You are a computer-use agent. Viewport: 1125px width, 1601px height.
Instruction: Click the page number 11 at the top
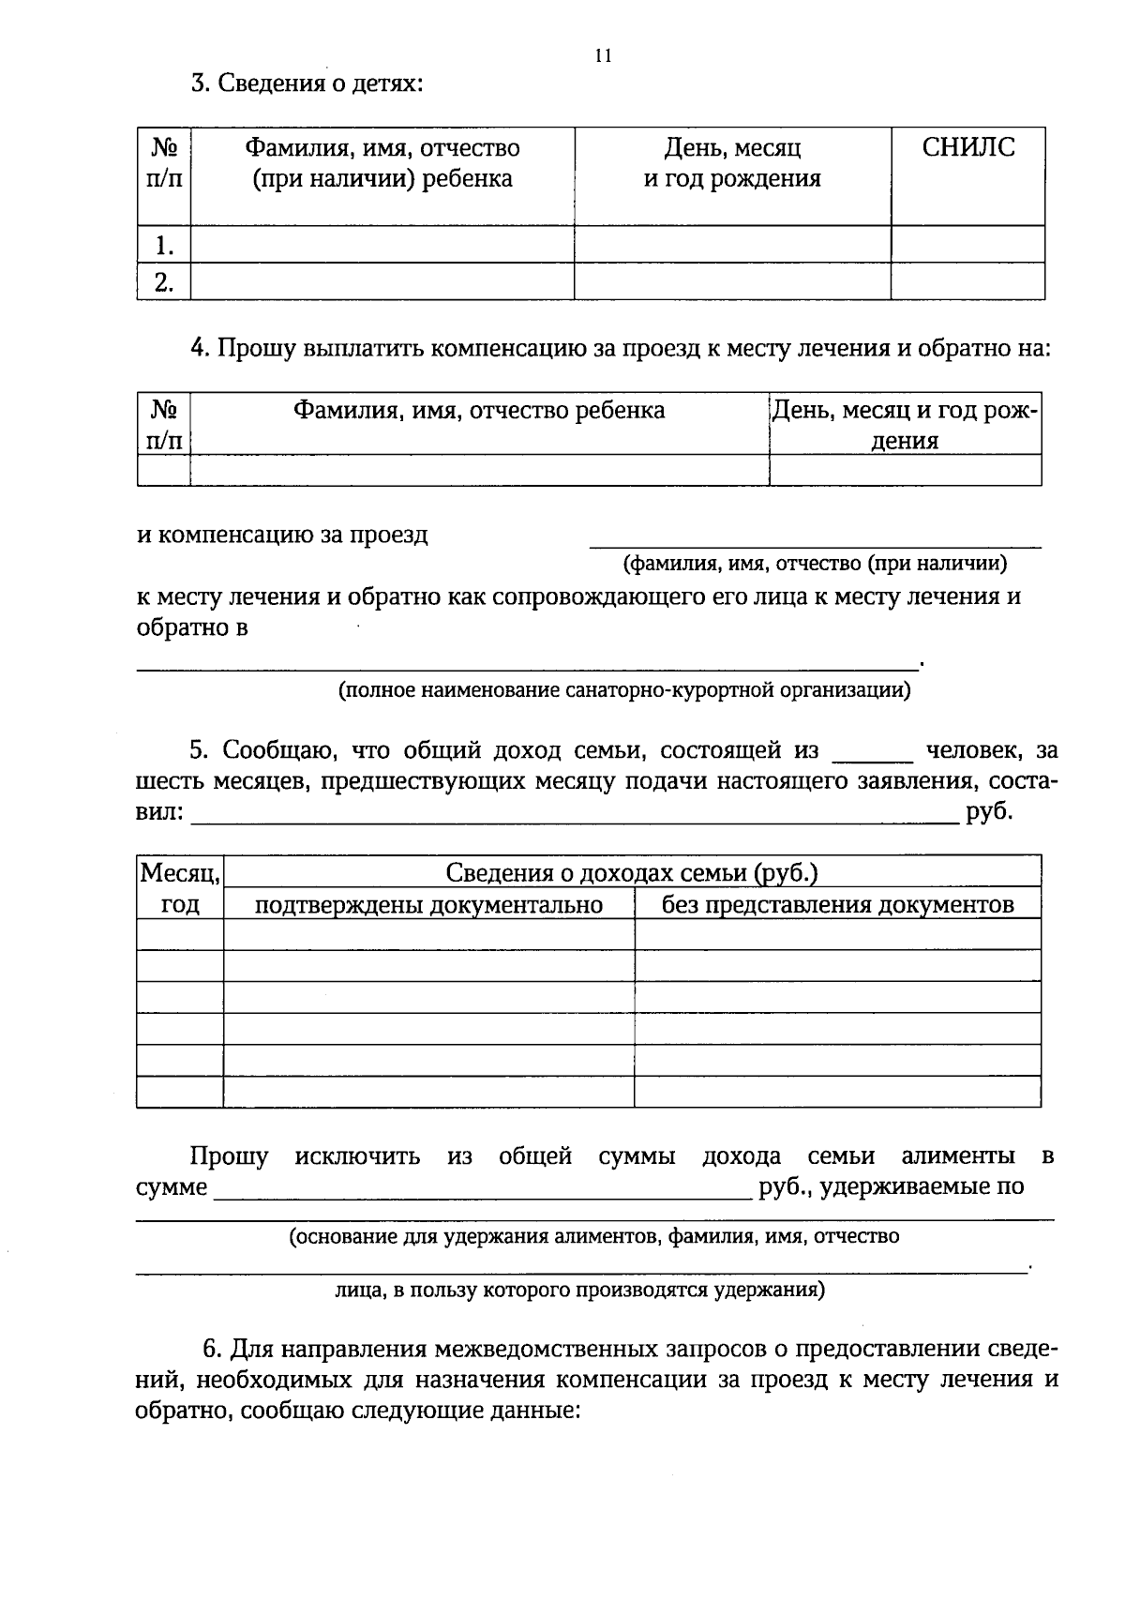[603, 55]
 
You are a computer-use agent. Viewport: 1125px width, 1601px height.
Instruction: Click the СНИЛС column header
[967, 147]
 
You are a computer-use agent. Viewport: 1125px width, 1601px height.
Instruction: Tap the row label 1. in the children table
[164, 246]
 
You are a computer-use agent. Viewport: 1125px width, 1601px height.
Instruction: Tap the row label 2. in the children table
[164, 282]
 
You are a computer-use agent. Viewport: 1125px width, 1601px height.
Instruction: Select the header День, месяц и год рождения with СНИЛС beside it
[732, 163]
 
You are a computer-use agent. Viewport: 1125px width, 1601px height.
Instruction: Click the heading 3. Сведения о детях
[307, 83]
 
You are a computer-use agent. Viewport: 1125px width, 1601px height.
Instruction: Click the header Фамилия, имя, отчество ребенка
[479, 410]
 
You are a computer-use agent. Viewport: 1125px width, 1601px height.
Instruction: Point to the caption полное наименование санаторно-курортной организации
[624, 691]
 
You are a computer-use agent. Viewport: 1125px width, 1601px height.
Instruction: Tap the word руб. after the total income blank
[989, 811]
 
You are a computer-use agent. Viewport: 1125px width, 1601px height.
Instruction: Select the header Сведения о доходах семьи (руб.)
[632, 873]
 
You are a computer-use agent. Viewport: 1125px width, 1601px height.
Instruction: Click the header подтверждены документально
[428, 905]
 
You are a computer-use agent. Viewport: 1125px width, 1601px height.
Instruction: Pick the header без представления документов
[837, 905]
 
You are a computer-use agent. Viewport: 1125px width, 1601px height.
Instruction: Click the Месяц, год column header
[180, 888]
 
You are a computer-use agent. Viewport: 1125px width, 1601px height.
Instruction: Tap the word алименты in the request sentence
[957, 1155]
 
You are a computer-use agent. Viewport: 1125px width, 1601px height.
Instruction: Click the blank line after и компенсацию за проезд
[814, 539]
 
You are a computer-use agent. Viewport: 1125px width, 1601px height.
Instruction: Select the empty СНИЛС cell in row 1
[967, 245]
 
